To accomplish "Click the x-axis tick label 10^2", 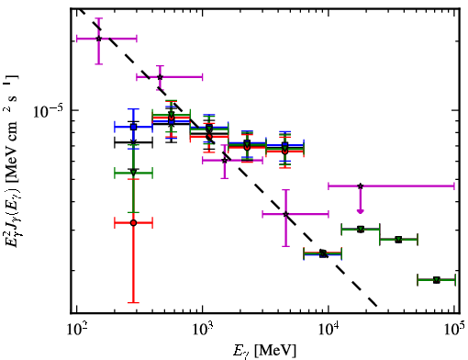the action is pyautogui.click(x=76, y=330).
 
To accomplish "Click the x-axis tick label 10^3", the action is pyautogui.click(x=203, y=330).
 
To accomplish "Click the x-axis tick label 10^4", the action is pyautogui.click(x=329, y=330).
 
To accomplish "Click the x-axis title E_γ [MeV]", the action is pyautogui.click(x=264, y=350).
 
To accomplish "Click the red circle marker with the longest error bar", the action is pyautogui.click(x=133, y=223).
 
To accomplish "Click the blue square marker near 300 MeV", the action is pyautogui.click(x=133, y=127).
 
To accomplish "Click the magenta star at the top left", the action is pyautogui.click(x=98, y=39).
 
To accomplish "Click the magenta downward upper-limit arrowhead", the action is pyautogui.click(x=361, y=211).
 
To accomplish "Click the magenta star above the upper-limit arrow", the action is pyautogui.click(x=361, y=186).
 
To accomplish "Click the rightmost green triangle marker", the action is pyautogui.click(x=437, y=280).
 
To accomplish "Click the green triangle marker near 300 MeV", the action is pyautogui.click(x=133, y=172).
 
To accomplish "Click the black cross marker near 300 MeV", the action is pyautogui.click(x=133, y=142).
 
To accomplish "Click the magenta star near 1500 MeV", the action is pyautogui.click(x=225, y=160).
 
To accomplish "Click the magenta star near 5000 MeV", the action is pyautogui.click(x=285, y=214).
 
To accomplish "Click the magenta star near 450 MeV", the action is pyautogui.click(x=160, y=77).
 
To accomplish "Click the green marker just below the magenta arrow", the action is pyautogui.click(x=361, y=229).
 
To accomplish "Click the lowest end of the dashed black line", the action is pyautogui.click(x=377, y=306).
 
